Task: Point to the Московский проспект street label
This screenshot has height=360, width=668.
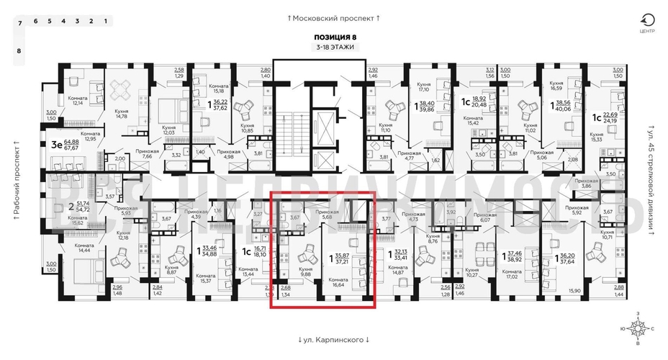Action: [333, 17]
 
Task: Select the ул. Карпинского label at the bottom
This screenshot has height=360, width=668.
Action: [333, 340]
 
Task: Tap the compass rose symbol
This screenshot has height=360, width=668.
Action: [638, 327]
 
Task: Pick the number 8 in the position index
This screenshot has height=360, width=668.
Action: [19, 51]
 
